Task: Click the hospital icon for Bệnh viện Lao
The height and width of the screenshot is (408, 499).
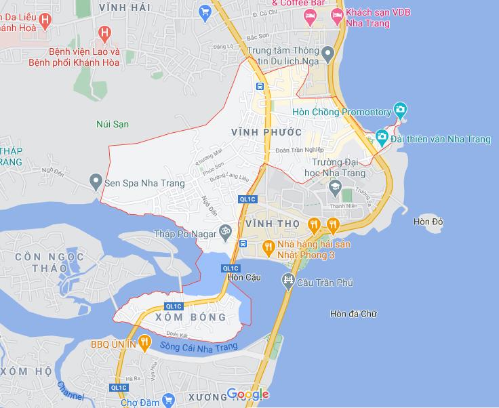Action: [104, 33]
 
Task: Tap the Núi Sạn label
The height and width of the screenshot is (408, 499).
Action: [113, 124]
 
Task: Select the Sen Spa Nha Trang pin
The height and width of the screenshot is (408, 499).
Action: [96, 182]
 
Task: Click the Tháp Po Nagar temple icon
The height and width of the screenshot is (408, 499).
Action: [226, 231]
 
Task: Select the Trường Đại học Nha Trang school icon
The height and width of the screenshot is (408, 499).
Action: [335, 186]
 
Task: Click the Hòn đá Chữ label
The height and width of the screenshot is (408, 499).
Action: [353, 314]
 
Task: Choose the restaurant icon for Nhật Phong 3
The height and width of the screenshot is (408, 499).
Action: [268, 245]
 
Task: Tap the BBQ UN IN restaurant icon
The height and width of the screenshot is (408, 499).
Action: [144, 344]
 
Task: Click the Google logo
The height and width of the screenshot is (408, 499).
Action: [247, 394]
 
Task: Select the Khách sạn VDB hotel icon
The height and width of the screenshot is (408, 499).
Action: [337, 14]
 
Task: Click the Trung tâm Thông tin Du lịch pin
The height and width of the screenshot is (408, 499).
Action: [327, 53]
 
